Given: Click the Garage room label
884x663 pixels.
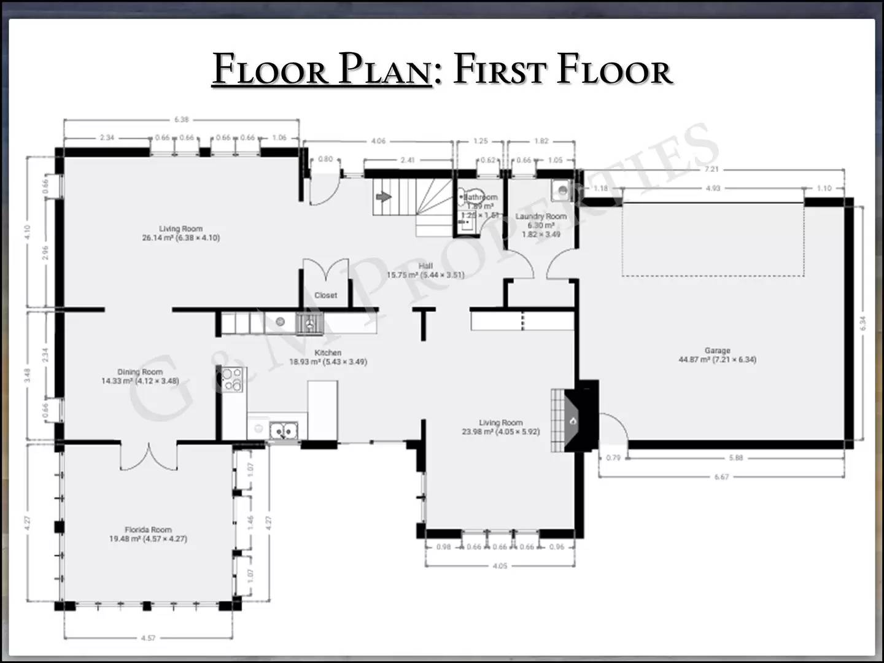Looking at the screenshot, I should click(x=717, y=351).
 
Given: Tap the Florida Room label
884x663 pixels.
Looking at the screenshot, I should click(x=148, y=530).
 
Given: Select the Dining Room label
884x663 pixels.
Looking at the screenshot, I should click(x=140, y=372).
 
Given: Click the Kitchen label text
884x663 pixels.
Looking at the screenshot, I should click(x=328, y=353).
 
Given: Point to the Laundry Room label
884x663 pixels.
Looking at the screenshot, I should click(x=541, y=217).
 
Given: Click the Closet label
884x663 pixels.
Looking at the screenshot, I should click(x=325, y=295).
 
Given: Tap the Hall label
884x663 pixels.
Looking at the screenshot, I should click(x=425, y=266).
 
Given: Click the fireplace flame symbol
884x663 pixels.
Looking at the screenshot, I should click(x=573, y=421).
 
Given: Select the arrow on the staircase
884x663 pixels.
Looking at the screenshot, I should click(x=384, y=197).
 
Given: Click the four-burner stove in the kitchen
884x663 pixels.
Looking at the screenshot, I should click(x=233, y=379).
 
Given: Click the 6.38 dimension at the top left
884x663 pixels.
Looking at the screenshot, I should click(x=181, y=120).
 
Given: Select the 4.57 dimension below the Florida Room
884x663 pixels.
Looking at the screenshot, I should click(x=147, y=638).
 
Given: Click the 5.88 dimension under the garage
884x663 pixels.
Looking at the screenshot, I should click(x=735, y=458).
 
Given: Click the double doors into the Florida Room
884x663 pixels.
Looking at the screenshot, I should click(x=148, y=456).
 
